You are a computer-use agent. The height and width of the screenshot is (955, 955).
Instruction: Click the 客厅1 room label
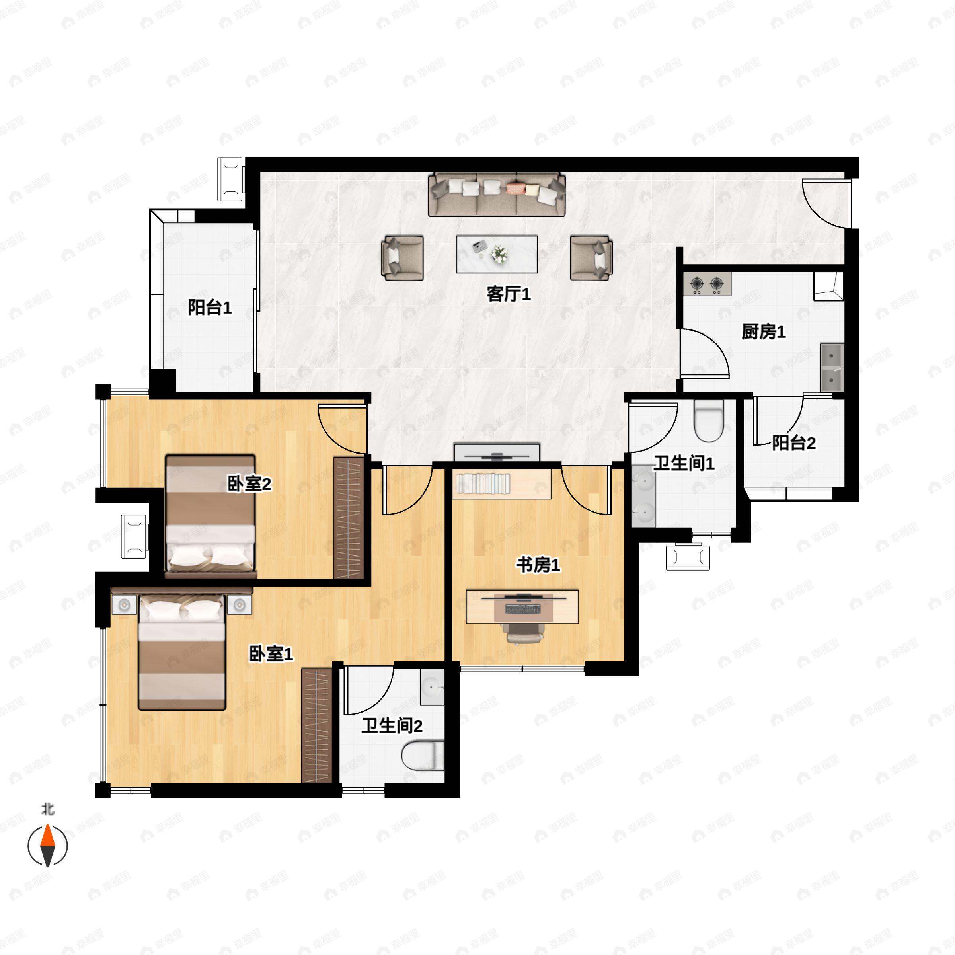pyautogui.click(x=508, y=294)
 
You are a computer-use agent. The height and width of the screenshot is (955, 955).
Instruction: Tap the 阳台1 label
pyautogui.click(x=210, y=308)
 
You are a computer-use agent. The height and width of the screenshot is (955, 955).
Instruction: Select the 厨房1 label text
pyautogui.click(x=763, y=332)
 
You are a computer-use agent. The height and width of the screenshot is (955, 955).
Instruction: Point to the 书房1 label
pyautogui.click(x=538, y=565)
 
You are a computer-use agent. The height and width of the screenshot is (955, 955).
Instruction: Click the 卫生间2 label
pyautogui.click(x=392, y=726)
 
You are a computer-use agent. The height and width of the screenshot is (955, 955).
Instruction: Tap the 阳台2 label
pyautogui.click(x=793, y=443)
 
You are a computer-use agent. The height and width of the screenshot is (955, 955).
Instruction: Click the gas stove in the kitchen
pyautogui.click(x=707, y=284)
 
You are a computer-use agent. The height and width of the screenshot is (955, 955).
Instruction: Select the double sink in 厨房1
pyautogui.click(x=832, y=367)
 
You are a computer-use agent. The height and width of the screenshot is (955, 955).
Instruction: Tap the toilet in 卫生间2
pyautogui.click(x=423, y=755)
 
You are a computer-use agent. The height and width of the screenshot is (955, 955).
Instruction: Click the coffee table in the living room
pyautogui.click(x=497, y=254)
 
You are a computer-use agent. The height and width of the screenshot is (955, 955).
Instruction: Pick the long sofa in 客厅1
pyautogui.click(x=497, y=194)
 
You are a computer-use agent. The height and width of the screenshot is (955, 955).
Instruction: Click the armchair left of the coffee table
pyautogui.click(x=402, y=257)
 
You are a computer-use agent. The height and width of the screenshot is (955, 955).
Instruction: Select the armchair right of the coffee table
pyautogui.click(x=591, y=257)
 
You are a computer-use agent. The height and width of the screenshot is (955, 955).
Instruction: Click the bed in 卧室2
pyautogui.click(x=210, y=516)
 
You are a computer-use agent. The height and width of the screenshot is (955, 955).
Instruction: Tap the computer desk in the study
pyautogui.click(x=522, y=606)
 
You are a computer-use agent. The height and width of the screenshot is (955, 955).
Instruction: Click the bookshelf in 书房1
pyautogui.click(x=502, y=484)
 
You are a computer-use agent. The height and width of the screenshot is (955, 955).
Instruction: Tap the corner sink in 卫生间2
pyautogui.click(x=432, y=687)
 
